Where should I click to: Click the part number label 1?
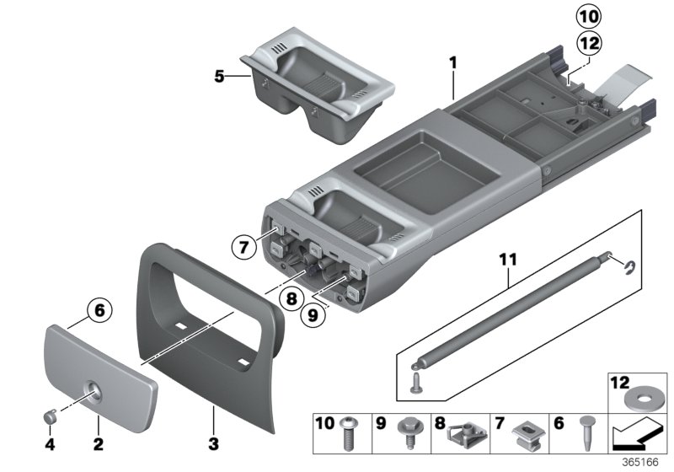click(452, 62)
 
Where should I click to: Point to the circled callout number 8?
click(289, 298)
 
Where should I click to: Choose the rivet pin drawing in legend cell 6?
click(588, 435)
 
